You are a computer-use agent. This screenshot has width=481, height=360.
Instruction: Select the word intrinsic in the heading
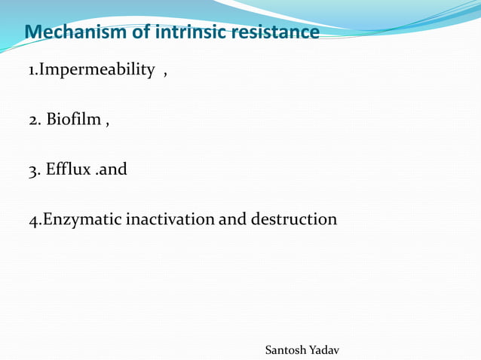pyautogui.click(x=188, y=33)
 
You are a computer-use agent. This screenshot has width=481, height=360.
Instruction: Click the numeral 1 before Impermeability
pyautogui.click(x=32, y=71)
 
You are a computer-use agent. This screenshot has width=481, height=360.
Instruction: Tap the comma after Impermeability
pyautogui.click(x=164, y=74)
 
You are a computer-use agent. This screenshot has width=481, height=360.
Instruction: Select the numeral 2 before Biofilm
pyautogui.click(x=32, y=120)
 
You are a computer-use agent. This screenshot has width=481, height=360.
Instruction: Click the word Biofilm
pyautogui.click(x=74, y=120)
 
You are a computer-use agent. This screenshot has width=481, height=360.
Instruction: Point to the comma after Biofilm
pyautogui.click(x=108, y=124)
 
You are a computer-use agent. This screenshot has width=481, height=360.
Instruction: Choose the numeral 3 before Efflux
pyautogui.click(x=32, y=169)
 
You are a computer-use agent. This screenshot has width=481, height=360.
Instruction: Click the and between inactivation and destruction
pyautogui.click(x=232, y=219)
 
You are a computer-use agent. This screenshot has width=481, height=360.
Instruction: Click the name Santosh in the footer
pyautogui.click(x=286, y=350)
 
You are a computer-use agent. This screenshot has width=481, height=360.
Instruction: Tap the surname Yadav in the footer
pyautogui.click(x=324, y=350)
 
